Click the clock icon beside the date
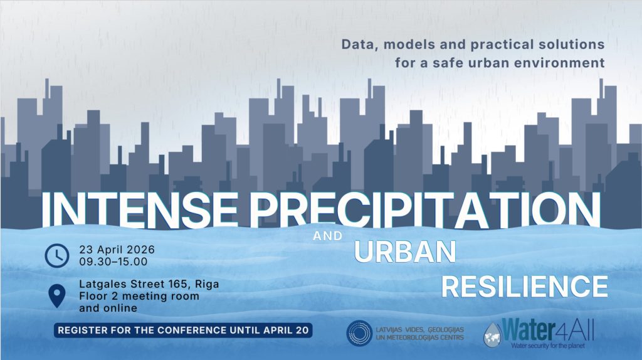[57, 255]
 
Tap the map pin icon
[56, 295]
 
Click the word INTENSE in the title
[140, 209]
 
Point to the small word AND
[327, 236]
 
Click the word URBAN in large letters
[405, 252]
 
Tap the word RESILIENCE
[525, 287]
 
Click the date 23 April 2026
[117, 250]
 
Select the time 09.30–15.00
[113, 262]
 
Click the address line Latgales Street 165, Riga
[149, 284]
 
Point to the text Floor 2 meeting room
[139, 295]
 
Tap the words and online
[108, 308]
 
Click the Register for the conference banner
[183, 330]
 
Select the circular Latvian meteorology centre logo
[359, 334]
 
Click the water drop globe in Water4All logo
[493, 335]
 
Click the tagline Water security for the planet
[548, 346]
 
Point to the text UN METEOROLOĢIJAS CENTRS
[419, 337]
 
